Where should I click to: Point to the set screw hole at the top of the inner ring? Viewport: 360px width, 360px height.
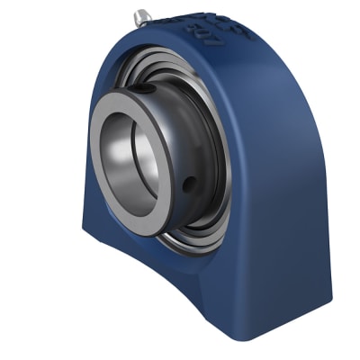click(144, 88)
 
